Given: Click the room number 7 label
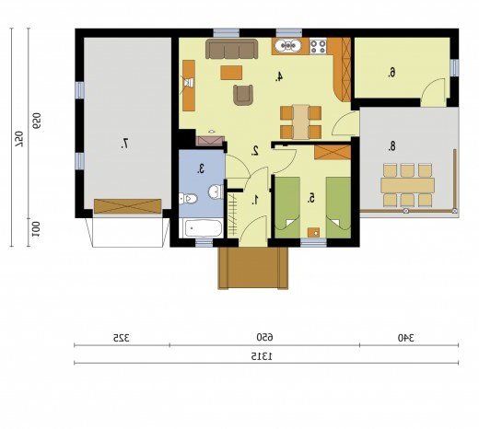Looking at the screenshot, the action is pos(125,144).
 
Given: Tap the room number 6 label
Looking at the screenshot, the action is pos(391,73).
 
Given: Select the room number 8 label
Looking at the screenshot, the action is pos(391,146).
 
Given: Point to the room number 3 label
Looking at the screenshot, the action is pos(201,168).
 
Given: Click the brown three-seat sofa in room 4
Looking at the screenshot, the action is pos(232,49).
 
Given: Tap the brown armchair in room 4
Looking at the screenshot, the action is pos(243,95).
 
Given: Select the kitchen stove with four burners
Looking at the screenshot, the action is pos(318,46).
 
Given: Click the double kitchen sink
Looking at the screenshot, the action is pos(287,46).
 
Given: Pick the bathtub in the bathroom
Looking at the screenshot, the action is pos(201,228).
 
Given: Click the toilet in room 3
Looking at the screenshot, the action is pos(188,199).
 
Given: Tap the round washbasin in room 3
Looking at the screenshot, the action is pos(216,191).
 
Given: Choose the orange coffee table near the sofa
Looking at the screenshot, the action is pos(231,73).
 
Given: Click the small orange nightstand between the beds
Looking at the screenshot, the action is pos(313,233).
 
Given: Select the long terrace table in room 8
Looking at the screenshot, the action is pos(407,185).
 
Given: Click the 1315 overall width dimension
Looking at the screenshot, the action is pos(262,356).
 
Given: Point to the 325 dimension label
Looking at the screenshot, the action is pos(121,338).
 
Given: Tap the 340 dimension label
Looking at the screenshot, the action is pos(406,338).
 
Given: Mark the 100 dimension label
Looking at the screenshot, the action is pos(36,229).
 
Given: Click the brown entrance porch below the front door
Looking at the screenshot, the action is pos(253,268).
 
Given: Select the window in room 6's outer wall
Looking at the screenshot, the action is pos(454,68).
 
